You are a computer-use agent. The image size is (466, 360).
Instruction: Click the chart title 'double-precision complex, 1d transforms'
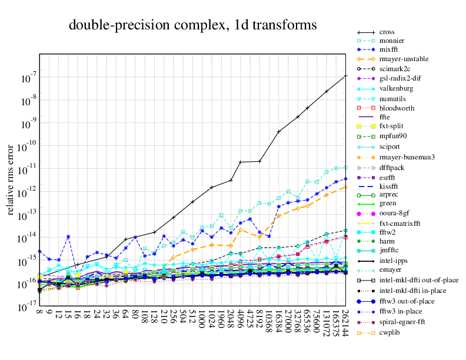193,25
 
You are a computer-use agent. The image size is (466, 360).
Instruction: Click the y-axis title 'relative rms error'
10,178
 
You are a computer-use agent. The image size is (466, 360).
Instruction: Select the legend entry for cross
387,32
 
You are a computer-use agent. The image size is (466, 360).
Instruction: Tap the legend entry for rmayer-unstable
404,59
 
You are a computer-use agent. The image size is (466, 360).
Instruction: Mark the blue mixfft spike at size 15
68,236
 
